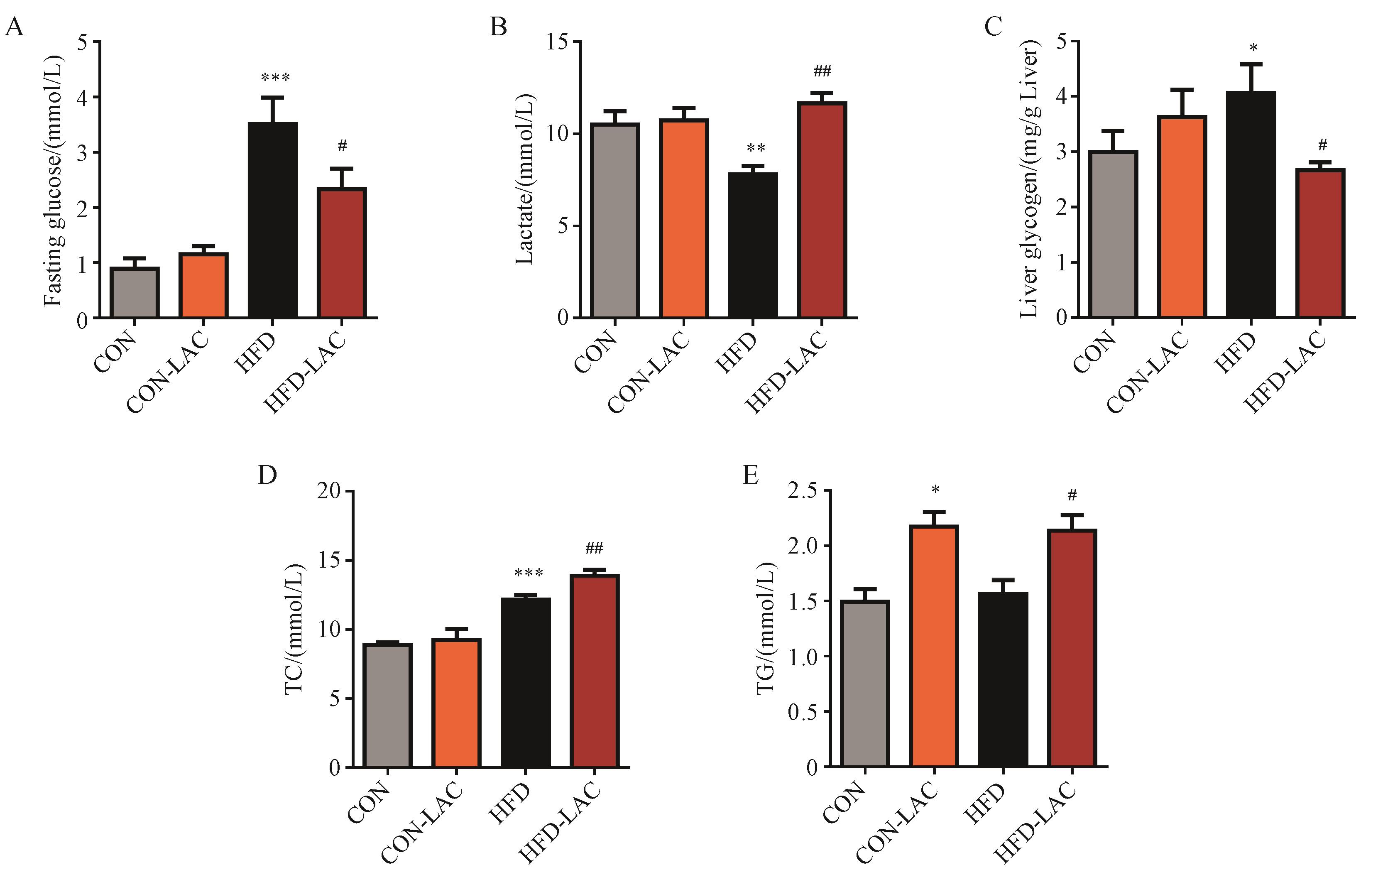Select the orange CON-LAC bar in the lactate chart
[x=683, y=218]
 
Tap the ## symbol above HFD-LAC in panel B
[x=822, y=71]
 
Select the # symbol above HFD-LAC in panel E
[x=1072, y=494]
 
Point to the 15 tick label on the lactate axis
[x=557, y=42]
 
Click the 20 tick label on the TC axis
[x=329, y=491]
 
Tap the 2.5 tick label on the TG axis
[x=802, y=491]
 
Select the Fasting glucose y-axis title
[x=53, y=181]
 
